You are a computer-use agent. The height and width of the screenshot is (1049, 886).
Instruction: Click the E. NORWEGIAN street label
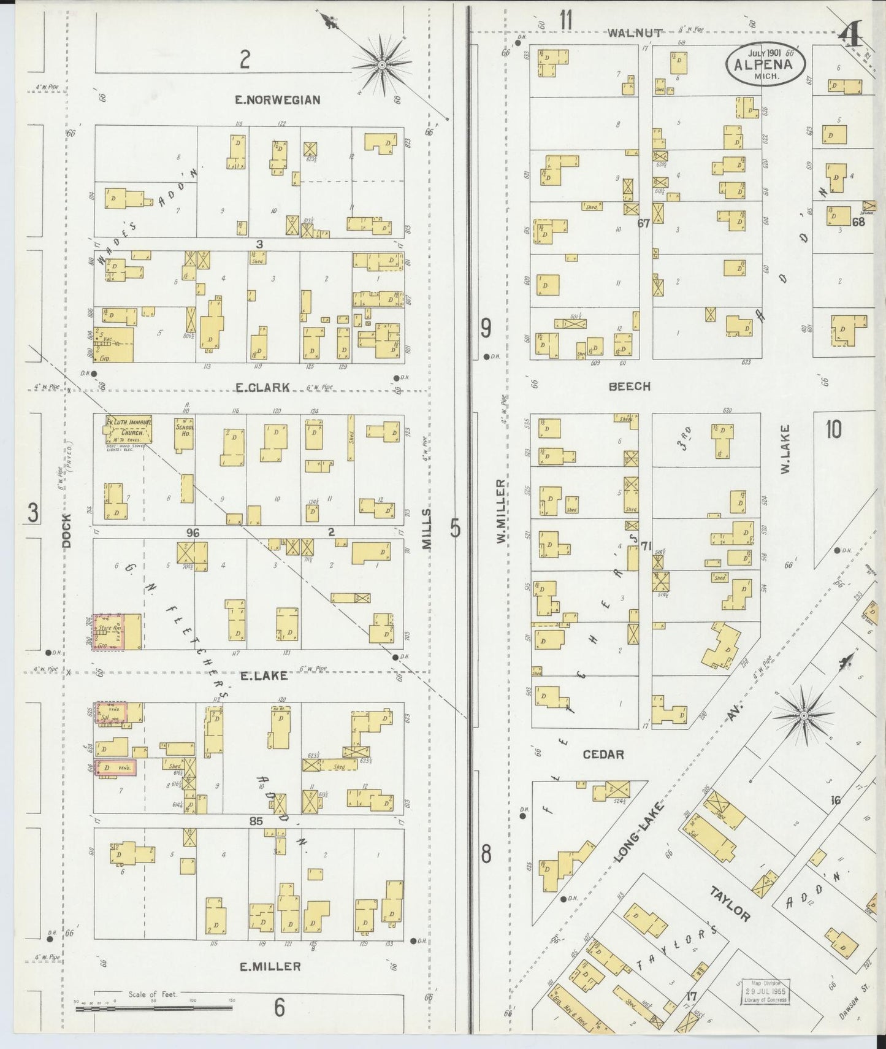[278, 100]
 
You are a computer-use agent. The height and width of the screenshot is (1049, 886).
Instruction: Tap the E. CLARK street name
[262, 387]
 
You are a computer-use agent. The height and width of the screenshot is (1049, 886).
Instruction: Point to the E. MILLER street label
[270, 967]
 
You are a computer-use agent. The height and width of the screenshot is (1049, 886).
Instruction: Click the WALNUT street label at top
[635, 33]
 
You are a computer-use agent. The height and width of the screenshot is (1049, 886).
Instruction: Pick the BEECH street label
[630, 386]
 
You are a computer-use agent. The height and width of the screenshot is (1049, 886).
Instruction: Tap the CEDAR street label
[603, 755]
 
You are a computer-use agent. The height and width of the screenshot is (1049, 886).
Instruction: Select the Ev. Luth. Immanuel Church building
[129, 428]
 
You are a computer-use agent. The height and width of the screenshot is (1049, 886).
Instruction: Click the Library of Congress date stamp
[765, 991]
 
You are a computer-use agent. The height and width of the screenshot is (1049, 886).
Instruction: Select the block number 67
[643, 223]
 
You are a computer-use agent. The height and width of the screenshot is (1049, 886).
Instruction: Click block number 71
[645, 545]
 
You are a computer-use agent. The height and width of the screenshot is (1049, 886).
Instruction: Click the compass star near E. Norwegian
[381, 64]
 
